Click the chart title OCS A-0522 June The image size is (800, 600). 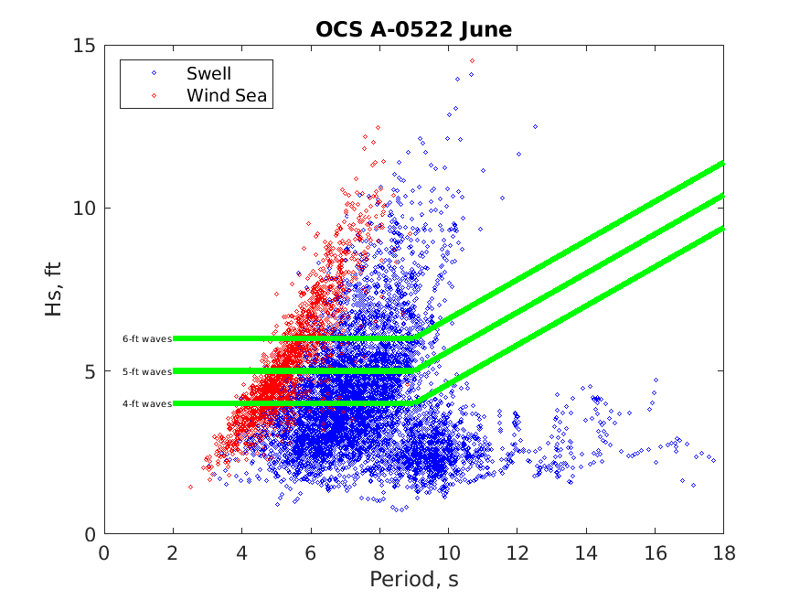point(413,29)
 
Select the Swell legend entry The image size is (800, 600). point(208,73)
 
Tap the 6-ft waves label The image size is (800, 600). point(147,338)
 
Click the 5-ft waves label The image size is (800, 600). point(147,371)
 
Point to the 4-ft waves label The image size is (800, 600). point(147,403)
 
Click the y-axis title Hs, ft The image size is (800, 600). point(54,289)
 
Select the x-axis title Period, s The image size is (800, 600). point(413,579)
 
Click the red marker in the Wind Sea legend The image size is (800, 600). point(154,95)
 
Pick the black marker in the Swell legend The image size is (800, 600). point(154,73)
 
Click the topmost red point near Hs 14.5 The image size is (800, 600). point(472,60)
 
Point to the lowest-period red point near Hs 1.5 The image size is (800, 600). point(190,487)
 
